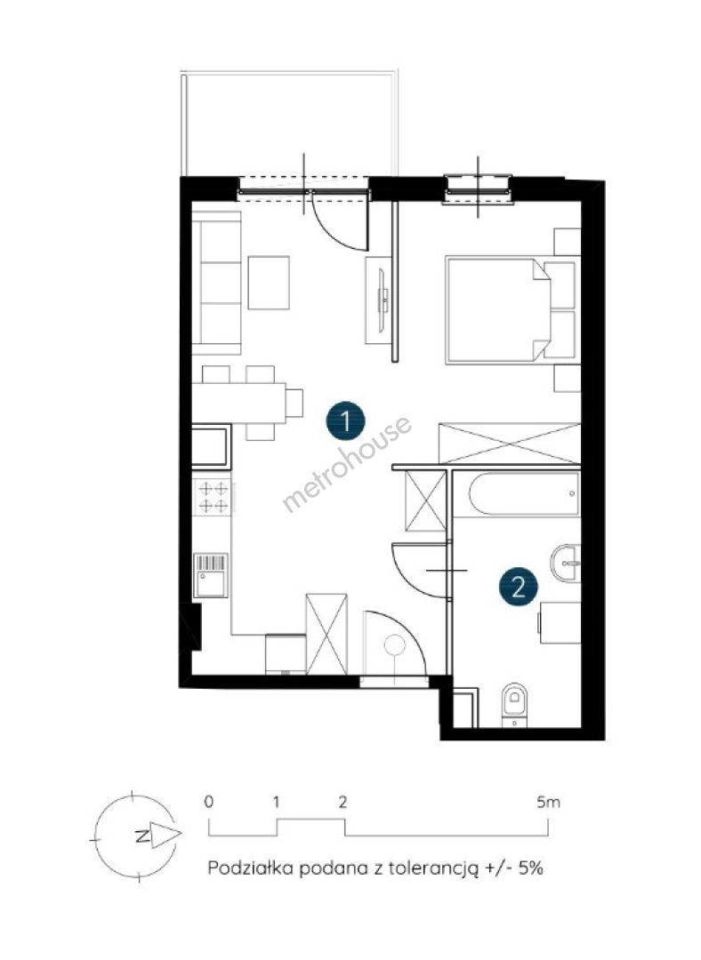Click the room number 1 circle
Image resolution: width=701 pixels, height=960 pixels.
click(345, 421)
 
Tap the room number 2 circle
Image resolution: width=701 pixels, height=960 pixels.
click(519, 588)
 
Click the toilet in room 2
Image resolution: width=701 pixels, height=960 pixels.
click(515, 705)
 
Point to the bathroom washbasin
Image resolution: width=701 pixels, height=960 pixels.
click(566, 562)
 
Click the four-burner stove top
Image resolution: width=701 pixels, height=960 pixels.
click(213, 497)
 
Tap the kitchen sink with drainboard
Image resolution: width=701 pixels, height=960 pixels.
click(212, 575)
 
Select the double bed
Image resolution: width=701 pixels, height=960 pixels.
click(511, 310)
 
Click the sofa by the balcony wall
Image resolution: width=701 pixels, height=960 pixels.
click(216, 283)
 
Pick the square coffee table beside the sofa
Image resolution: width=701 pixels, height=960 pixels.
click(269, 283)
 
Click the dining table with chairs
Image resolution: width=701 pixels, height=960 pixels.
click(247, 403)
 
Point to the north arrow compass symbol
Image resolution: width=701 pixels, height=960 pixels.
click(136, 836)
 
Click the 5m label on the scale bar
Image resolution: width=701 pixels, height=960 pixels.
click(548, 802)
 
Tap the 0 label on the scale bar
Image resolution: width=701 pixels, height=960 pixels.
click(210, 802)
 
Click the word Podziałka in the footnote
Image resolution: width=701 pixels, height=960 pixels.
click(250, 868)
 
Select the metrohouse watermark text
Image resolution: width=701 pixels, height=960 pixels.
click(346, 463)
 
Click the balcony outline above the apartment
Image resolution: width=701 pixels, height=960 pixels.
click(290, 73)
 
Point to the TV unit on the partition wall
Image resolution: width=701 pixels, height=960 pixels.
click(377, 300)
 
